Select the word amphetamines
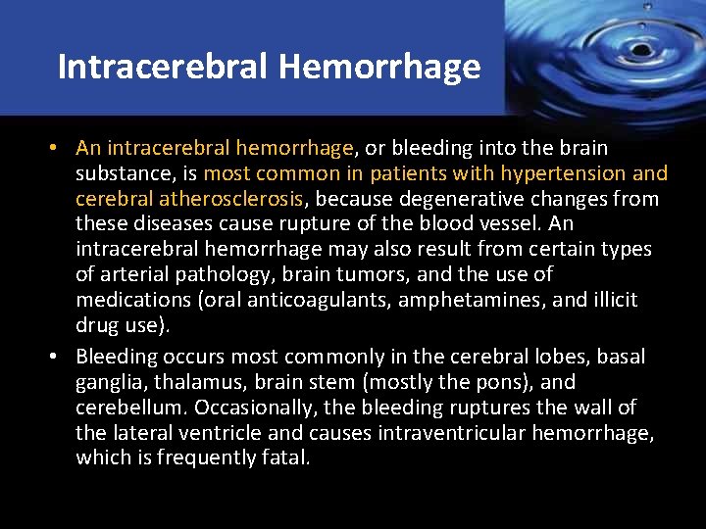(x=464, y=300)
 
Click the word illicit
(x=611, y=300)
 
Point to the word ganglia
(x=107, y=383)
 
